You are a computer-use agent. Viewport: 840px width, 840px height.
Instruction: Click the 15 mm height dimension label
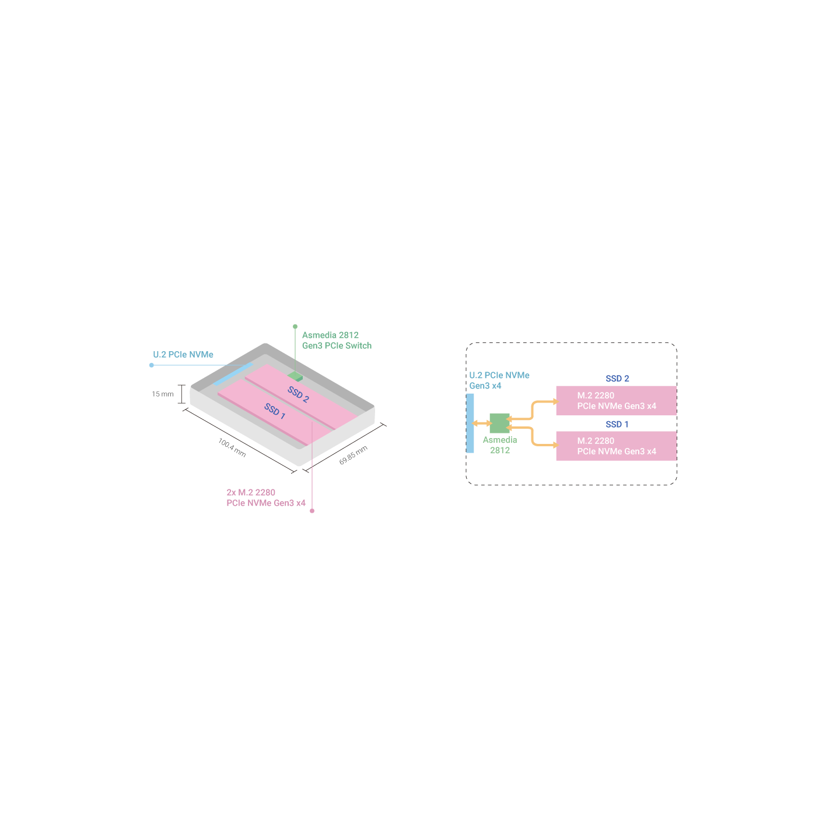coord(163,394)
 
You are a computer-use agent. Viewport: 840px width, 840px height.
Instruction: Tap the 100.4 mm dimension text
coord(232,447)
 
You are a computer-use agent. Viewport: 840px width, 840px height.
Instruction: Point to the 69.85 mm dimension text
coord(353,455)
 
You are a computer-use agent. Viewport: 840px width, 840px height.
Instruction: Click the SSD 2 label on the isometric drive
coord(298,394)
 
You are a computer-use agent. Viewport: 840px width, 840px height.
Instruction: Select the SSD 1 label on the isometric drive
coord(275,411)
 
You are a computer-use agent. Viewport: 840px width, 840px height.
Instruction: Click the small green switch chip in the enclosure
coord(295,376)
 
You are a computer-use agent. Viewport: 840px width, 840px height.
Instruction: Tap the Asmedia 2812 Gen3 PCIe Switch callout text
coord(337,341)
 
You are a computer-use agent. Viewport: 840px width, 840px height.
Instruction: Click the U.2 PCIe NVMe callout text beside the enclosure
coord(183,355)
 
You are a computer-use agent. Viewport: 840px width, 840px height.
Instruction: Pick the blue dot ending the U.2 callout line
coord(152,365)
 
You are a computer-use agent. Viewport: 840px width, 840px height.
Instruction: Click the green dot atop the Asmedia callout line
coord(295,327)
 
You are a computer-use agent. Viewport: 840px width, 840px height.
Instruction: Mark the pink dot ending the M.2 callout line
coord(312,511)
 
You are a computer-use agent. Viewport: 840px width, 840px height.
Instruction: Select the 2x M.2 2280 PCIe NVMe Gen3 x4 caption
coord(266,498)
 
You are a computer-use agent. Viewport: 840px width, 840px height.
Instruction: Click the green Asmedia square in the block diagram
coord(499,423)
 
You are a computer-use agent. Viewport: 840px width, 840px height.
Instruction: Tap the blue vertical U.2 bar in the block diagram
coord(470,423)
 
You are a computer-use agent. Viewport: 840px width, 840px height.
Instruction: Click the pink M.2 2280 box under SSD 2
coord(617,401)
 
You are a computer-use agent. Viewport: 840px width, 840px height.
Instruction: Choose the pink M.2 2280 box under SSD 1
coord(617,446)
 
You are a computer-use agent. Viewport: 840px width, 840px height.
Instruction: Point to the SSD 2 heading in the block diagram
coord(617,379)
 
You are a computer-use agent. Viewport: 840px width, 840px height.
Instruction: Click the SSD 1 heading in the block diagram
coord(617,424)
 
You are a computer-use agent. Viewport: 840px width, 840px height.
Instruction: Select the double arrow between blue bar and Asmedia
coord(482,423)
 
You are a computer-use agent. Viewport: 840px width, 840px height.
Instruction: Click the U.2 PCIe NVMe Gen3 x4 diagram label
coord(499,380)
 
